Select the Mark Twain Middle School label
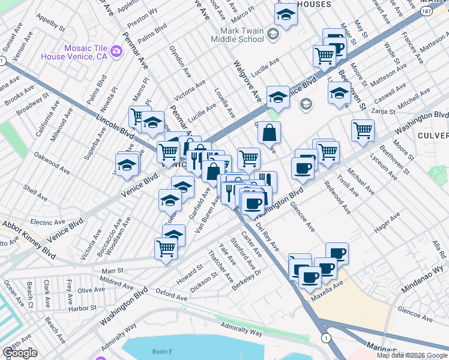click(x=234, y=35)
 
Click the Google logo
click(x=20, y=353)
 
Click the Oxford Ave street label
click(x=172, y=295)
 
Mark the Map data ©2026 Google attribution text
click(x=411, y=355)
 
